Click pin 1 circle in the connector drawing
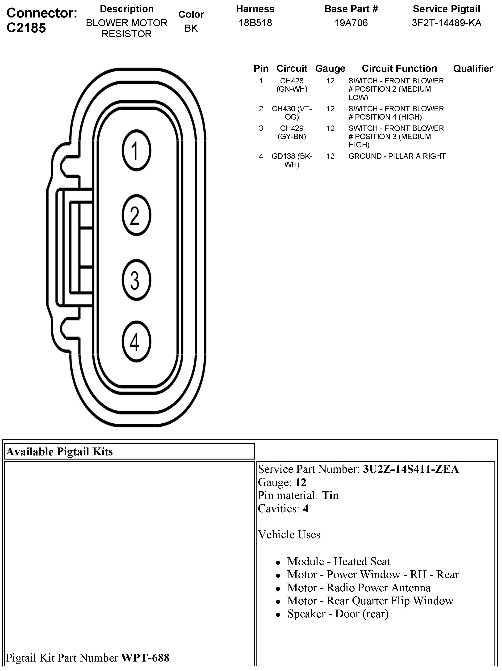click(x=136, y=151)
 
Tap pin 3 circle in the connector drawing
click(x=136, y=280)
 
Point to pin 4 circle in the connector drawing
click(x=136, y=342)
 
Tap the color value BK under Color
click(x=191, y=28)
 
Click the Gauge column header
click(x=330, y=69)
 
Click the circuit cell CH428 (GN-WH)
click(x=292, y=85)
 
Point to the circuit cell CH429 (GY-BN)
click(x=292, y=133)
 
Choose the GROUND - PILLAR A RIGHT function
click(x=397, y=156)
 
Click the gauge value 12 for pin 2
click(x=330, y=109)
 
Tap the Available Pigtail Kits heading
click(x=59, y=452)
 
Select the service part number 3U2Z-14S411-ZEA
click(x=410, y=469)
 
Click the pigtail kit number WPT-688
click(x=145, y=658)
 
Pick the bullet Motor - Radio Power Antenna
click(x=359, y=588)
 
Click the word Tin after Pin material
click(x=330, y=495)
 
